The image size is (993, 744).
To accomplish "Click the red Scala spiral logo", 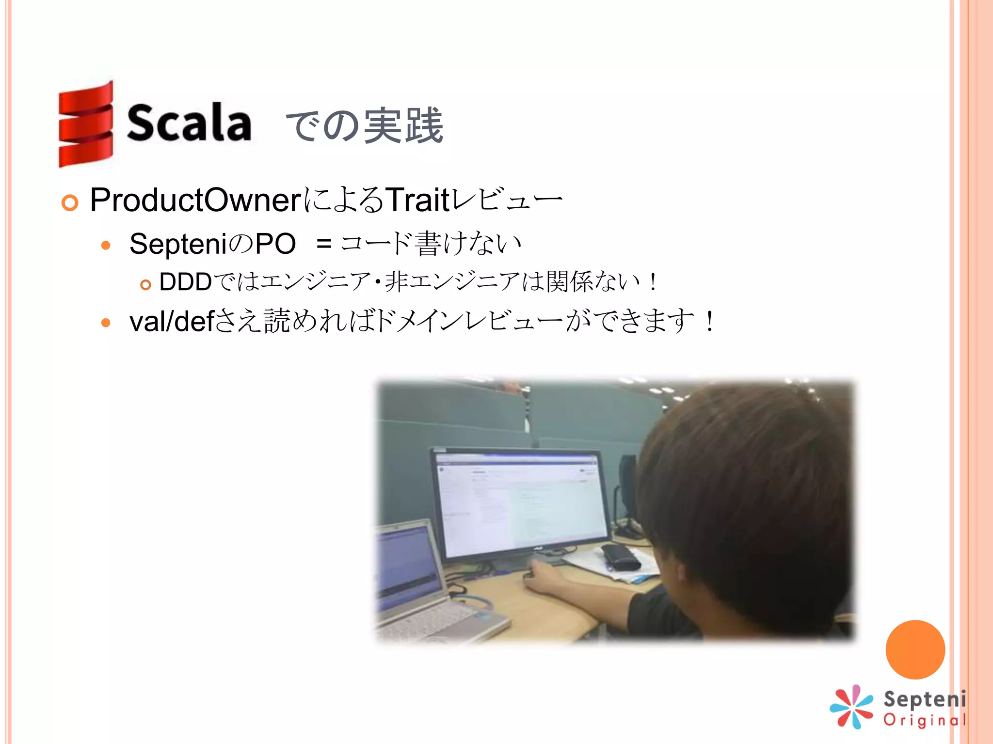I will [86, 124].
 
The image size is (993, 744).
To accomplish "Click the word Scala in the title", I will [189, 124].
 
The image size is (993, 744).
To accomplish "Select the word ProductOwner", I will [196, 200].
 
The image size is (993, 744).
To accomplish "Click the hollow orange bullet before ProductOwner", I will [70, 202].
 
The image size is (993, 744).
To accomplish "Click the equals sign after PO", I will [323, 244].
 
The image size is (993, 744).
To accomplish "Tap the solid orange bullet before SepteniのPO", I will [106, 245].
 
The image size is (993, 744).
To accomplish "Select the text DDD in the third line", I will [185, 282].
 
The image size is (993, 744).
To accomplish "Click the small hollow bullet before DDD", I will [145, 284].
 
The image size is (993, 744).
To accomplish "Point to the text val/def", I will [172, 321].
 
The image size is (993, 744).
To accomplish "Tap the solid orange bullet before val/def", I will [106, 323].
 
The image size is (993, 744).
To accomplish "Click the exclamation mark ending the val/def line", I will [709, 321].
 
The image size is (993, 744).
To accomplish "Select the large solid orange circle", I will [915, 650].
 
